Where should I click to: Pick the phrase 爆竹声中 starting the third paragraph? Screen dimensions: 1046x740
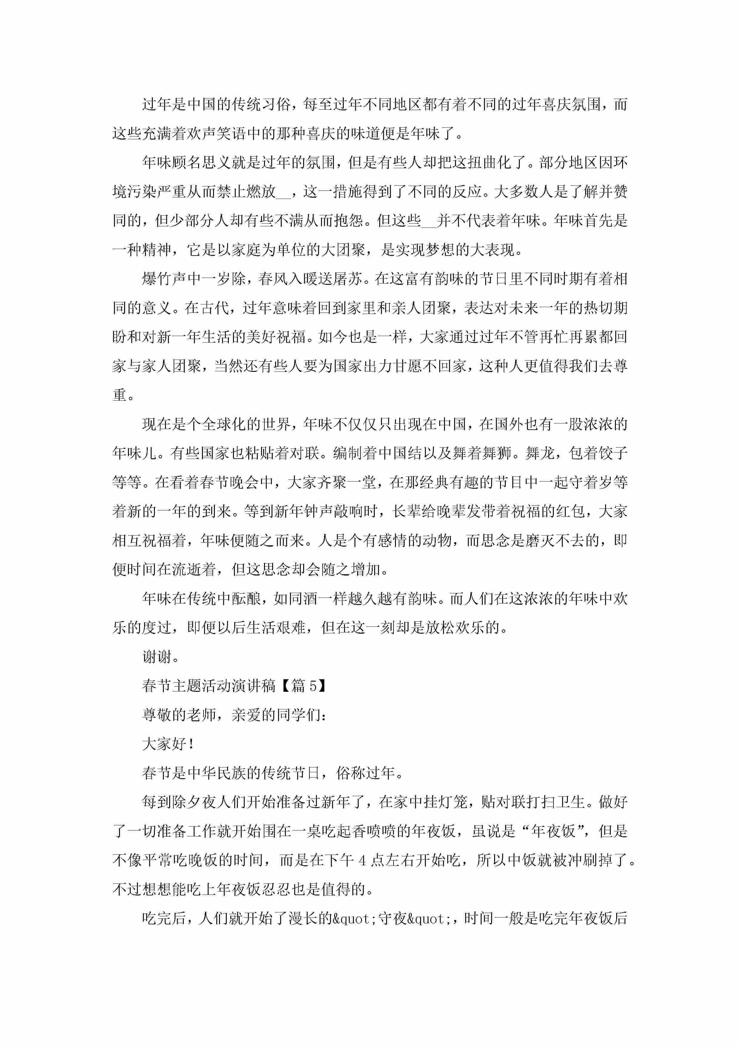(x=172, y=279)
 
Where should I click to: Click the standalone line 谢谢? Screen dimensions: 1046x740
(x=157, y=657)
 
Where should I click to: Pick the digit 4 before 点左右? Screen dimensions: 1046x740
(x=363, y=860)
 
